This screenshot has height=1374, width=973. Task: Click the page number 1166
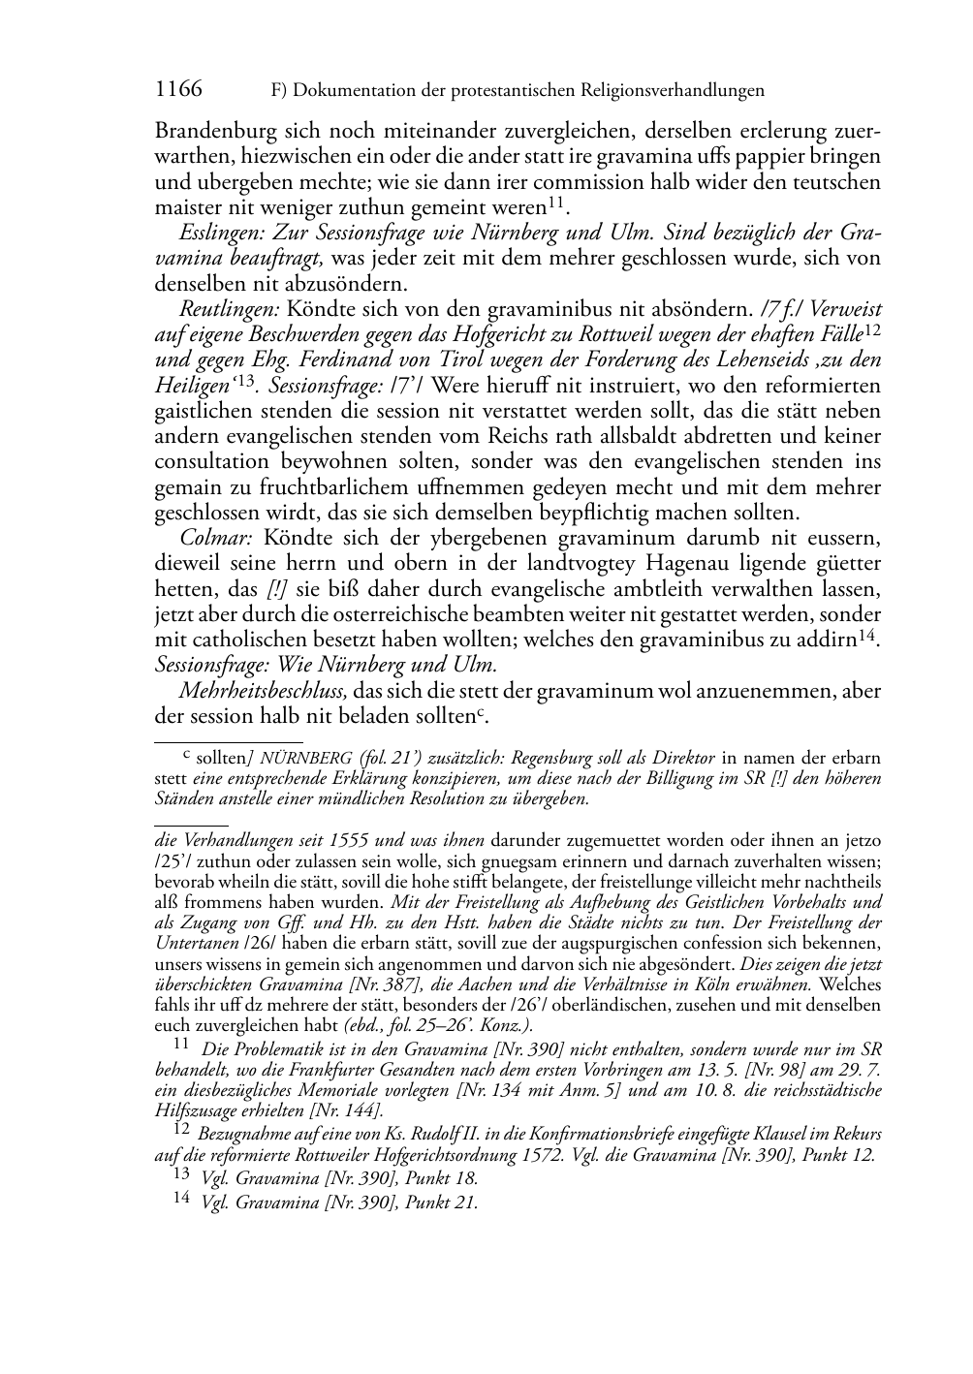click(179, 90)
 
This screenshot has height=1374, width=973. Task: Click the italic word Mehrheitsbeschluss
click(263, 690)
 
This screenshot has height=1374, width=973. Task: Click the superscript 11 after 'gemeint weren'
click(556, 203)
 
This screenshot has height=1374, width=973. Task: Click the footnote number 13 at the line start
click(181, 1175)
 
